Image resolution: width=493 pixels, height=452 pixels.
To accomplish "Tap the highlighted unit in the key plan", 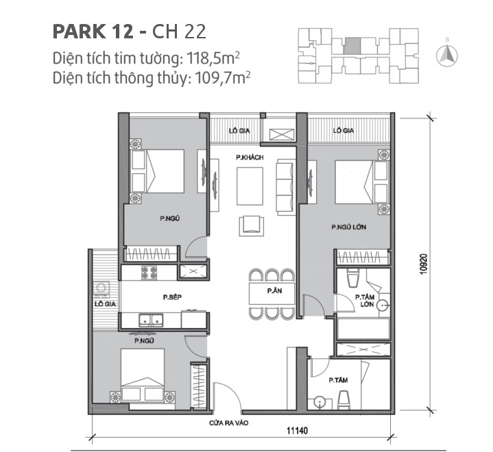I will [x=350, y=45].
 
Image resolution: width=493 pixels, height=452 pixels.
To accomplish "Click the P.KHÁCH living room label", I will [x=249, y=158].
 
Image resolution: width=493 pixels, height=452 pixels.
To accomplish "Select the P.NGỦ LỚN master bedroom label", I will [x=346, y=227].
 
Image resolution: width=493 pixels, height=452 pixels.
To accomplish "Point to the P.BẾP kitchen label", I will [x=172, y=297].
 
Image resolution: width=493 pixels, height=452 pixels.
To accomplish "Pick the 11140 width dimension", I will [x=294, y=429].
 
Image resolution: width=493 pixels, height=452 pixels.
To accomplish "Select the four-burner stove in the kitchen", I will [x=149, y=272].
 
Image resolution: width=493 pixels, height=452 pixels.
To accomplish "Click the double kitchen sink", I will [x=150, y=319].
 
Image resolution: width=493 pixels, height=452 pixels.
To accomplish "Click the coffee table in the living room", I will [x=249, y=183].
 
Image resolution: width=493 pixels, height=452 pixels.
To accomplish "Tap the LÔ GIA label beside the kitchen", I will [x=105, y=304].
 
